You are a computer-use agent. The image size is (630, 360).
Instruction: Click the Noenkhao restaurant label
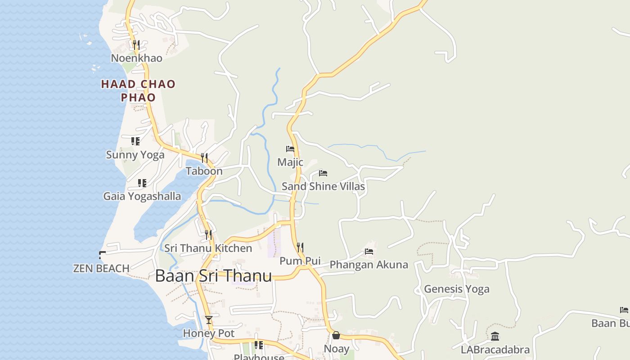[136, 58]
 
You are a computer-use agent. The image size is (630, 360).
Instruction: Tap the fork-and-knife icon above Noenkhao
[136, 45]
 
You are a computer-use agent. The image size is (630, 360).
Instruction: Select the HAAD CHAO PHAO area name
[138, 90]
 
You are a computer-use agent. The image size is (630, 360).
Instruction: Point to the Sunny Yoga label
[135, 155]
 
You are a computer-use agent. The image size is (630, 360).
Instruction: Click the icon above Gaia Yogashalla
[142, 183]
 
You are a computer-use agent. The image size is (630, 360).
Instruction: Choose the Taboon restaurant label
[204, 171]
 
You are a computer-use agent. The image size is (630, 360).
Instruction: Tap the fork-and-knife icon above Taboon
[204, 157]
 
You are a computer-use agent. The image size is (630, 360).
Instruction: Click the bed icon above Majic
[290, 149]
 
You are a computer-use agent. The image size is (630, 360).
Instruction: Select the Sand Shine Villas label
[323, 186]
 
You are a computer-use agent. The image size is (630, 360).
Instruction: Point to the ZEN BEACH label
[101, 269]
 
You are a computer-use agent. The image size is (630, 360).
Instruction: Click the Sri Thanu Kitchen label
[208, 248]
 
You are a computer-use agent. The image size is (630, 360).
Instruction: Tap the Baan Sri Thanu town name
[213, 276]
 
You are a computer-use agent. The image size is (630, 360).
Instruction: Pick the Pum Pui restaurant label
[300, 261]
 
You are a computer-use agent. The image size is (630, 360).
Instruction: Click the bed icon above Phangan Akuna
[369, 252]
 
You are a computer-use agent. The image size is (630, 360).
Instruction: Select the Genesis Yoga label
[456, 289]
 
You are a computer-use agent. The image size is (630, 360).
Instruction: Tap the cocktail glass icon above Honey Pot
[209, 320]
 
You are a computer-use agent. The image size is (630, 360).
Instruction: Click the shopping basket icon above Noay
[336, 335]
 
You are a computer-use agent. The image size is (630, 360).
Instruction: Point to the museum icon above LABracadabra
[495, 336]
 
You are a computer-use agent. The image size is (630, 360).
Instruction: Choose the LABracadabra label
[495, 350]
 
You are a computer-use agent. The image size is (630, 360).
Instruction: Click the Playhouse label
[259, 357]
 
